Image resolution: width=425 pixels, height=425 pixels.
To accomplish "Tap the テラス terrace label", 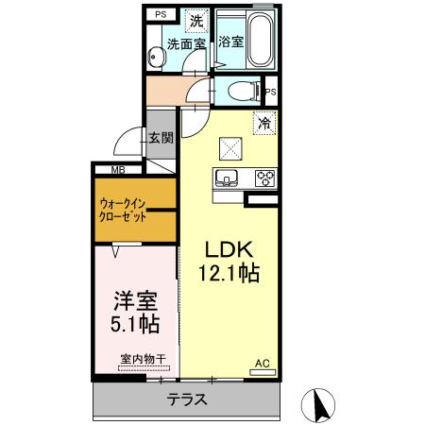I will (187, 399).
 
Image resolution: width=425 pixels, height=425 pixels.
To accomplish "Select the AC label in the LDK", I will (263, 361).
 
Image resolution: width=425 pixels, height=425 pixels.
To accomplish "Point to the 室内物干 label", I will (143, 359).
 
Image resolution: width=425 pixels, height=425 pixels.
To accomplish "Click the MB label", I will (118, 170).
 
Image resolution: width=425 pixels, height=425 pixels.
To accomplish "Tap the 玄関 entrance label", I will (161, 137).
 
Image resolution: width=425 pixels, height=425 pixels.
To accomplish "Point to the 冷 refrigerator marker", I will (264, 122).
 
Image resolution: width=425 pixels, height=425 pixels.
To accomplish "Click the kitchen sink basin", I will (228, 177).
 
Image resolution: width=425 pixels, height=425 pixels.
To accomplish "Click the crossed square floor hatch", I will (230, 146).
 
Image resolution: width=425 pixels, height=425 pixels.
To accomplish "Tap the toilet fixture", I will (246, 91).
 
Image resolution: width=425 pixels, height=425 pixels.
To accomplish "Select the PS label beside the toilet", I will (271, 92).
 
